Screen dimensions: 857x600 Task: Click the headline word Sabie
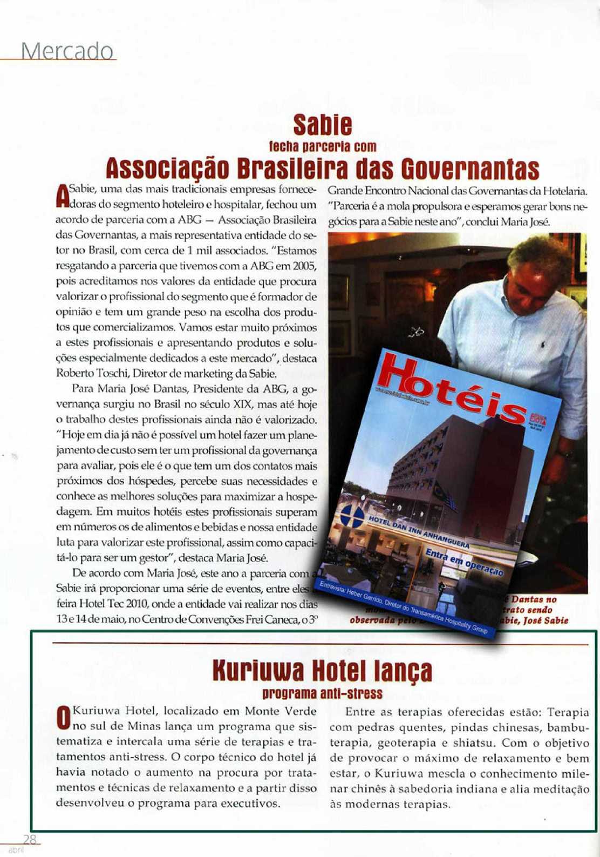(x=322, y=125)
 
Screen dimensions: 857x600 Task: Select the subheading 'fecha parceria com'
(x=322, y=147)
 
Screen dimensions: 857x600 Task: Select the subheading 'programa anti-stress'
(x=322, y=693)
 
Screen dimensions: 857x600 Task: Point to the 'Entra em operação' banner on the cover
(x=463, y=562)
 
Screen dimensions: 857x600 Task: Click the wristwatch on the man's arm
(x=565, y=454)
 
